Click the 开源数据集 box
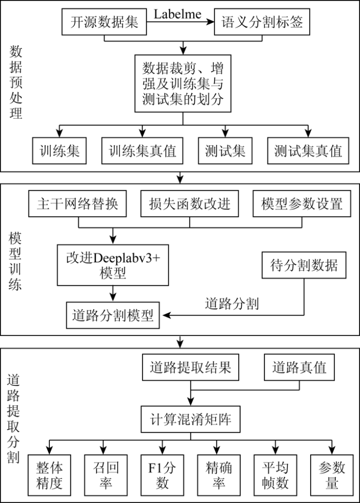click(104, 22)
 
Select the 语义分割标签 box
click(262, 22)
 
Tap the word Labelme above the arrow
click(177, 14)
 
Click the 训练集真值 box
click(142, 151)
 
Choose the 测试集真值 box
click(308, 151)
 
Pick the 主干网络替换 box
click(77, 203)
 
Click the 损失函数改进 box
click(189, 203)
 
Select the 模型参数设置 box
click(302, 203)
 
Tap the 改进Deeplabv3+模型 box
click(113, 265)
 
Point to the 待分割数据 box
click(304, 265)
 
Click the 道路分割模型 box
click(113, 315)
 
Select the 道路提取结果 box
click(190, 367)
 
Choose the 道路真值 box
click(299, 367)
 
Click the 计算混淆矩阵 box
click(190, 419)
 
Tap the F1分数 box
click(162, 475)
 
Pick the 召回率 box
click(105, 475)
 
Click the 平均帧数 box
click(275, 475)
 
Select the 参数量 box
click(332, 475)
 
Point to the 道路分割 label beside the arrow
click(232, 304)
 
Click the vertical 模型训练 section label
click(15, 262)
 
